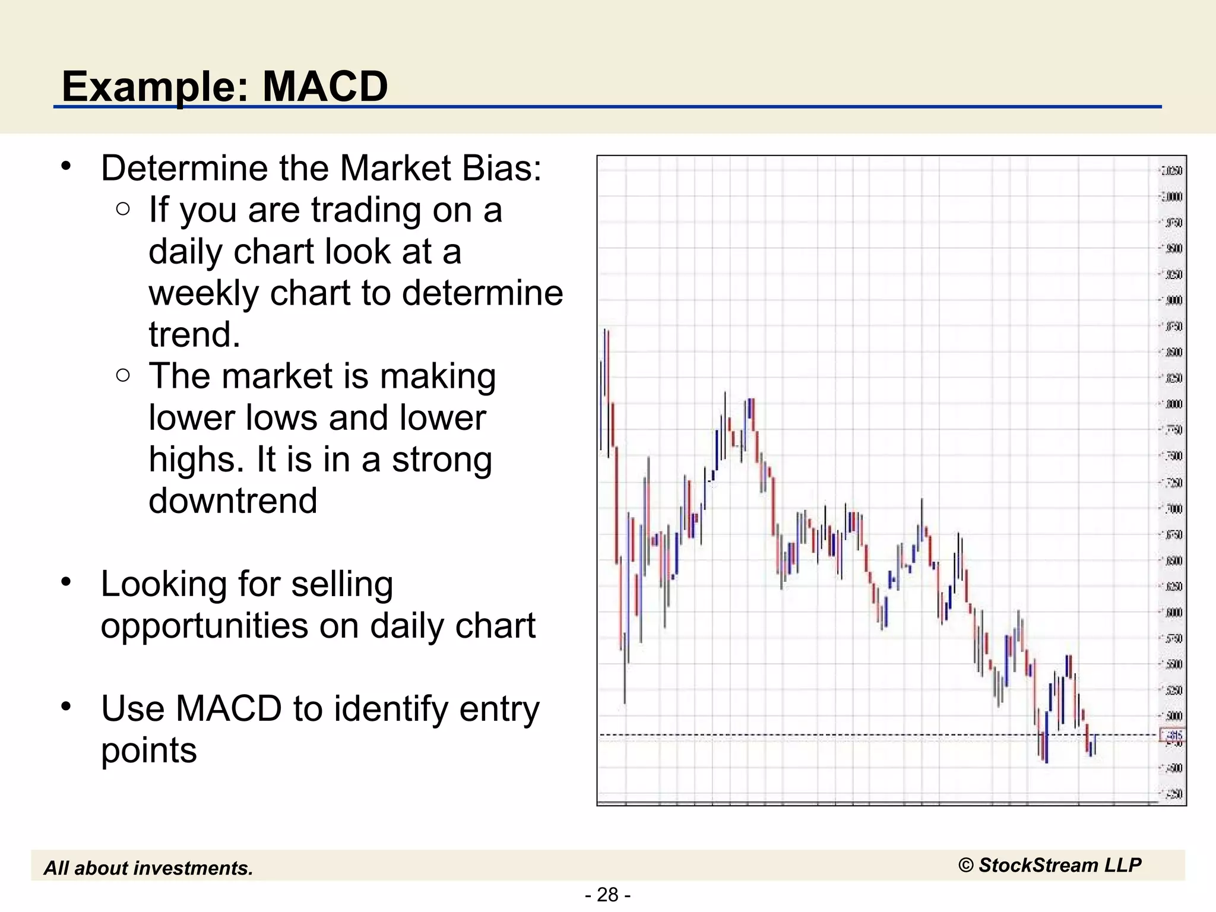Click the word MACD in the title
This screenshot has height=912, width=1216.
coord(325,87)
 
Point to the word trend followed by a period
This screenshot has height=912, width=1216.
coord(194,335)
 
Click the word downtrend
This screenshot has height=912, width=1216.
coord(233,501)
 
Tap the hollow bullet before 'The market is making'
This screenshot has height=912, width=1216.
coord(123,375)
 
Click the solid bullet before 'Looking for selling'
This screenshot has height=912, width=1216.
coord(66,582)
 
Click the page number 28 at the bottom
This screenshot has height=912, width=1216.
coord(607,894)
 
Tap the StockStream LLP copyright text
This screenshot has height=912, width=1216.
coord(1050,865)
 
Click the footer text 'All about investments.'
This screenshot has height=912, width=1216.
coord(148,868)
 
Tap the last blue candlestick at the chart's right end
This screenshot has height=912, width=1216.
coord(1094,745)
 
